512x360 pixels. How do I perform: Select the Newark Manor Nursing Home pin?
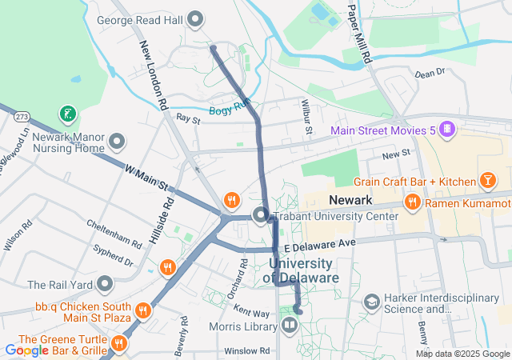tap(118, 143)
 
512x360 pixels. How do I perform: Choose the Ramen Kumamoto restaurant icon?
tap(413, 202)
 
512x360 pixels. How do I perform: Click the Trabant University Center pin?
tap(261, 215)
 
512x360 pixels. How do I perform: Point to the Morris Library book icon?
tap(288, 325)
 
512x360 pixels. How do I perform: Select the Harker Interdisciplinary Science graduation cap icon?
tap(371, 302)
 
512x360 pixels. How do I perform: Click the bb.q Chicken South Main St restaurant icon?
tap(142, 310)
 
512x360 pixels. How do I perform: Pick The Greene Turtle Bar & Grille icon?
tap(118, 344)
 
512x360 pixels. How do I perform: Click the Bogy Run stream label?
tap(230, 111)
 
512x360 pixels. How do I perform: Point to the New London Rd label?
tap(153, 76)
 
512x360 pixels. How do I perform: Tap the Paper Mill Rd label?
tap(360, 32)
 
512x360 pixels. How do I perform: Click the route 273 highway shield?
tap(21, 117)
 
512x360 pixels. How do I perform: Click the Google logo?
tap(27, 350)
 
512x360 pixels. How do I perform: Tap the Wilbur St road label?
tap(306, 117)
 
